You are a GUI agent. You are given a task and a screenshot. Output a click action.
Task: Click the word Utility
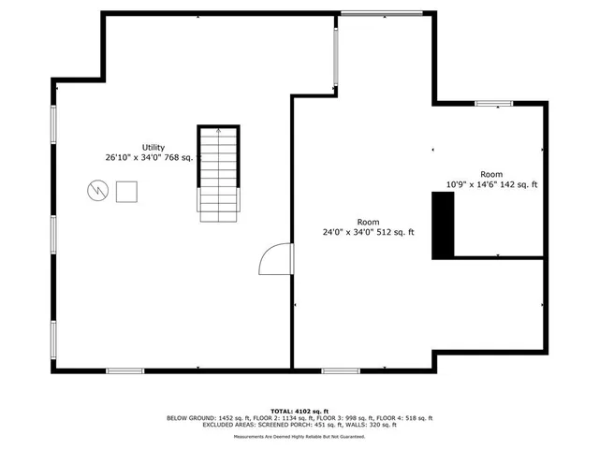(x=153, y=147)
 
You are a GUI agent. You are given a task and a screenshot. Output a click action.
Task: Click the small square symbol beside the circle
(x=126, y=192)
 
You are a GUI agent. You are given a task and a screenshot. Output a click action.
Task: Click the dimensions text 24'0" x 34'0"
(x=348, y=232)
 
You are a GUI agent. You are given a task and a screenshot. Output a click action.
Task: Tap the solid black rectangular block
(x=442, y=224)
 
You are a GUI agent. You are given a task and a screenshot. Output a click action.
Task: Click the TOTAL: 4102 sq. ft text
(x=299, y=411)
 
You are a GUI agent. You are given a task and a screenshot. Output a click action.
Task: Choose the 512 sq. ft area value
(x=396, y=232)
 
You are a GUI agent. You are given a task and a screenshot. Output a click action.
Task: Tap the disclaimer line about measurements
(x=299, y=437)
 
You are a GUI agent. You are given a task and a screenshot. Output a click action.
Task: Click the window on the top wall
(x=381, y=12)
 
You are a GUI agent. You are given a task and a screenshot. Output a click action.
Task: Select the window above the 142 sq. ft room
(x=493, y=103)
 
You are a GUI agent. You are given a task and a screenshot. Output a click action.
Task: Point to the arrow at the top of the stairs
(x=217, y=133)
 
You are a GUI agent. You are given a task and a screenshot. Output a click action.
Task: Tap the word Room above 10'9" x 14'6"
(x=491, y=175)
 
